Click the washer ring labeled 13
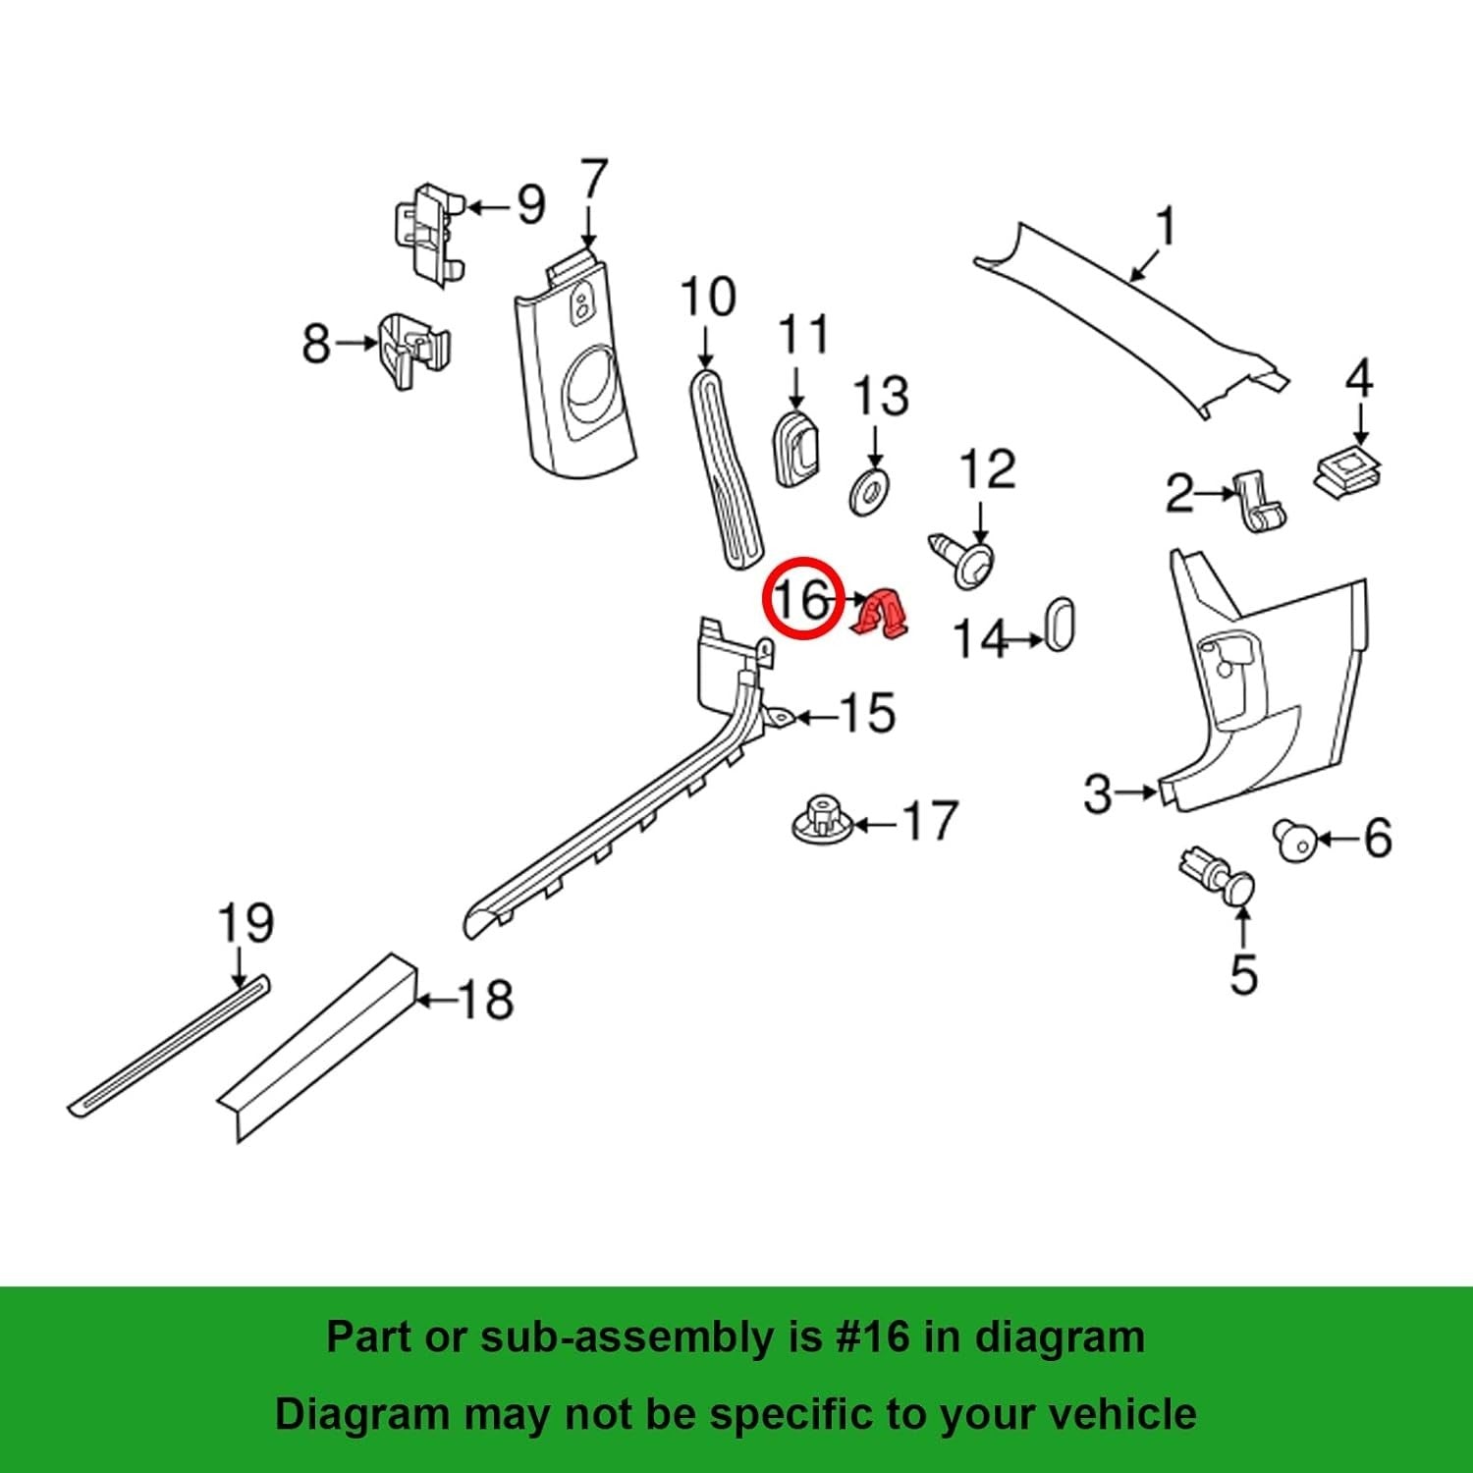pyautogui.click(x=869, y=492)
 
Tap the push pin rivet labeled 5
pyautogui.click(x=1220, y=875)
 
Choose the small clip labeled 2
pyautogui.click(x=1260, y=502)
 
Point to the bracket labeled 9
pyautogui.click(x=428, y=234)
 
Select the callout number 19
pyautogui.click(x=245, y=925)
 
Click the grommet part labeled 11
pyautogui.click(x=798, y=449)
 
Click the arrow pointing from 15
pyautogui.click(x=816, y=718)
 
